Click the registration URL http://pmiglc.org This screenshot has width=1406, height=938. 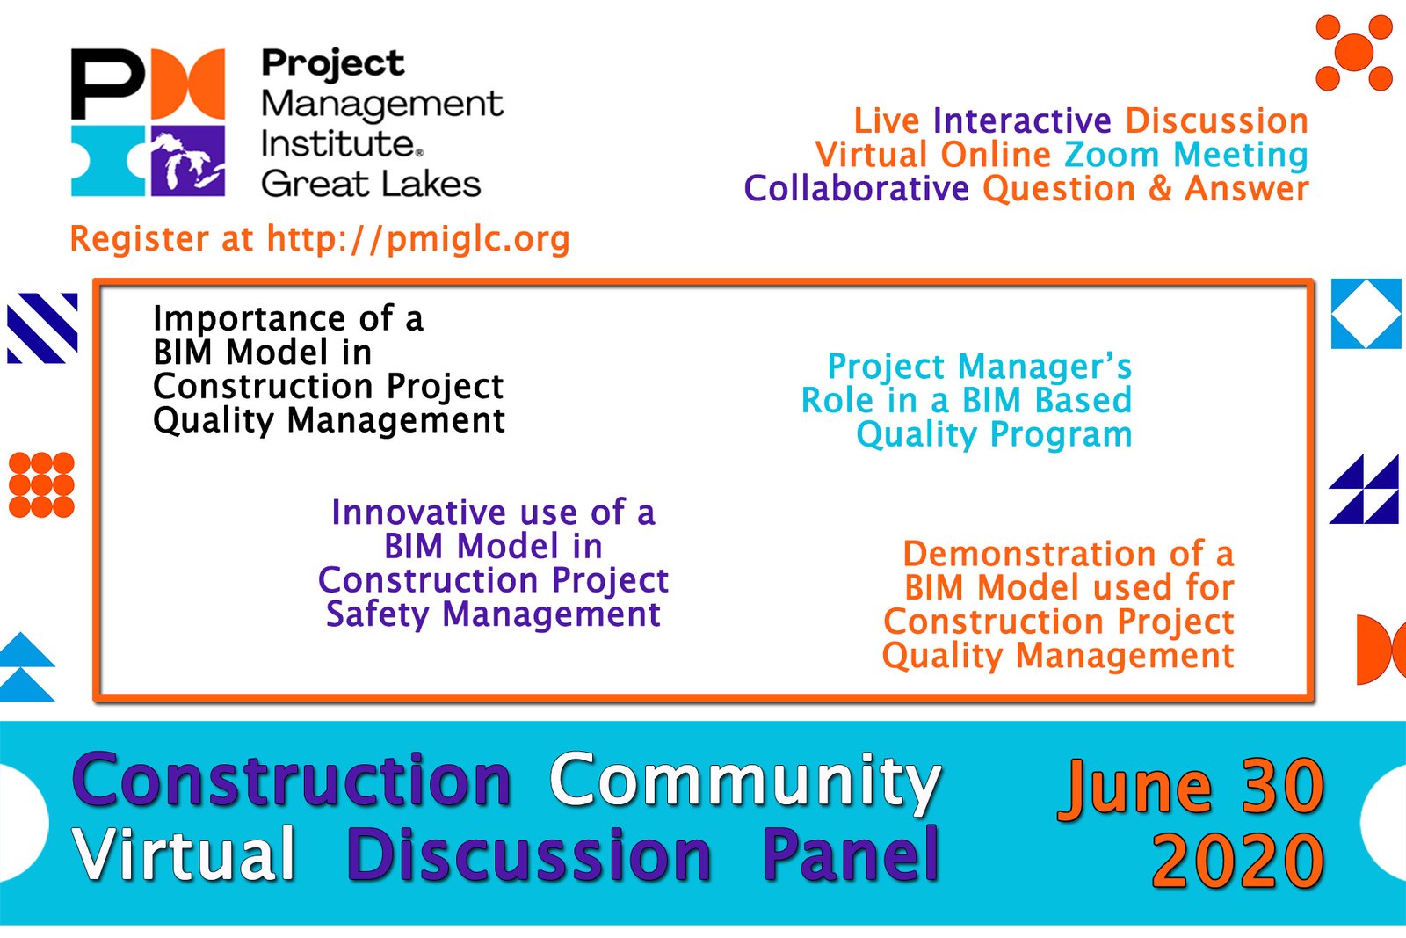point(418,239)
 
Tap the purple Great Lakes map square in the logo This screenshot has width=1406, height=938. point(188,161)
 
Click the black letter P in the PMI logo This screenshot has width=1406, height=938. point(108,84)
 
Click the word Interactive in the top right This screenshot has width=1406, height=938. point(1022,120)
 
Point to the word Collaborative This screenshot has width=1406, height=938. point(856,189)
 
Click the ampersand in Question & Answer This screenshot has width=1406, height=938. point(1160,189)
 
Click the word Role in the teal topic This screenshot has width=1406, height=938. point(837,401)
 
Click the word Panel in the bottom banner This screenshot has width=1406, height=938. point(851,854)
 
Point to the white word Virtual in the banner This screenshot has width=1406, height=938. point(183,854)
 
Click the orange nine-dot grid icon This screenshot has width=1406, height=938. point(41,484)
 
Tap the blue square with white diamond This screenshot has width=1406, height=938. point(1366,313)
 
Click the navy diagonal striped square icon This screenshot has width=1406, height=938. point(42,328)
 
